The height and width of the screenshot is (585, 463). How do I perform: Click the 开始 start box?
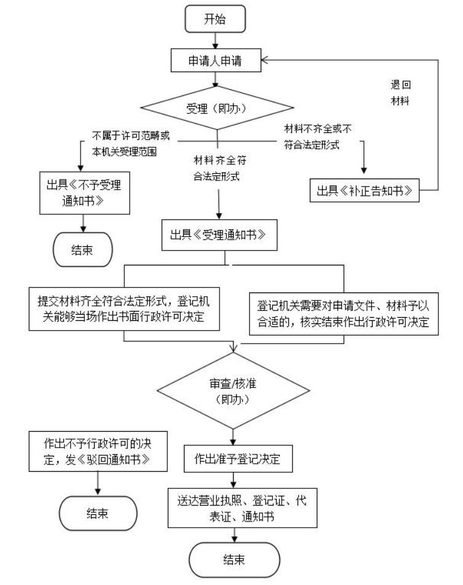click(x=215, y=19)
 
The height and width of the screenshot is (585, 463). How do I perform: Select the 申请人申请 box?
click(x=215, y=60)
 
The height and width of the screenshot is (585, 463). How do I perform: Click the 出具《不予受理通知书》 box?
click(x=82, y=194)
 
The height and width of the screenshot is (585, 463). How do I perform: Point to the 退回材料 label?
click(x=402, y=92)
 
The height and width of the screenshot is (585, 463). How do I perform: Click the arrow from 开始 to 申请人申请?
click(x=215, y=38)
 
